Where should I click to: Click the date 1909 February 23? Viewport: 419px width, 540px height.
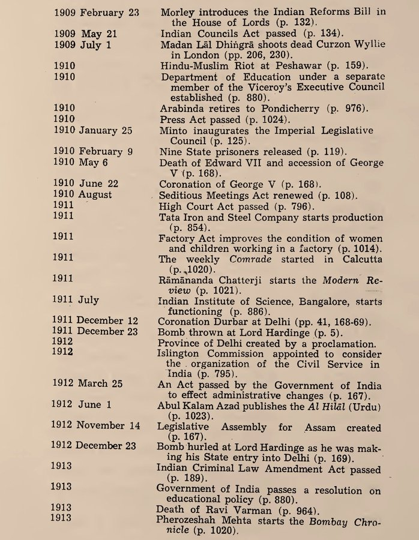(x=96, y=12)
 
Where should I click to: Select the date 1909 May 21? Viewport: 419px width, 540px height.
(x=85, y=34)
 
